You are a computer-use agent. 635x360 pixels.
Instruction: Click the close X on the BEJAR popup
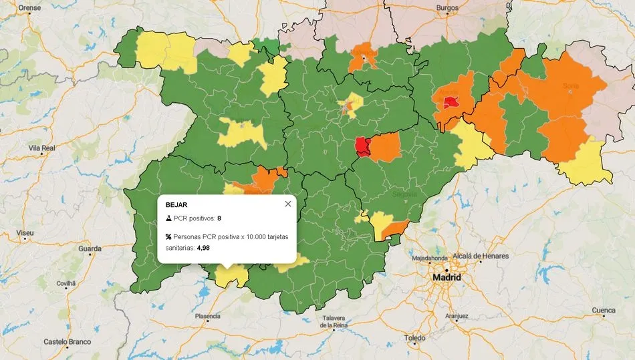point(288,204)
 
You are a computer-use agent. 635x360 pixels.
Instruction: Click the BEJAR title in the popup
point(176,204)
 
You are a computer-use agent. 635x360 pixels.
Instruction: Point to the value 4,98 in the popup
point(203,247)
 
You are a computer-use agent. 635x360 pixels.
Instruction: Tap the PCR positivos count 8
point(219,218)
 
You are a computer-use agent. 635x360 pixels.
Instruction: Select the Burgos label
point(447,7)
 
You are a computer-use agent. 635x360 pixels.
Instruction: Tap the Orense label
point(29,7)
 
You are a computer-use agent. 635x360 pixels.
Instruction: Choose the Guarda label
point(90,248)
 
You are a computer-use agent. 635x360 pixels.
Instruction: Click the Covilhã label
point(66,283)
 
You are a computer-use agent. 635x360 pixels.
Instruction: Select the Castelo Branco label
point(67,341)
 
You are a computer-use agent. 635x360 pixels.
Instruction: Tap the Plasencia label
point(207,316)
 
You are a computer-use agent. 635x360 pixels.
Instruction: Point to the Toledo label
point(414,338)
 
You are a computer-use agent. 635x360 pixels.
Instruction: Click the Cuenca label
point(604,311)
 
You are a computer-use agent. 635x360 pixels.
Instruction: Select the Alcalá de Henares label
point(481,256)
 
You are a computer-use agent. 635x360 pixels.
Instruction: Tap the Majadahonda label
point(430,258)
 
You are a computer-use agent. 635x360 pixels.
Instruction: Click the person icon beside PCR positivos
point(168,218)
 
